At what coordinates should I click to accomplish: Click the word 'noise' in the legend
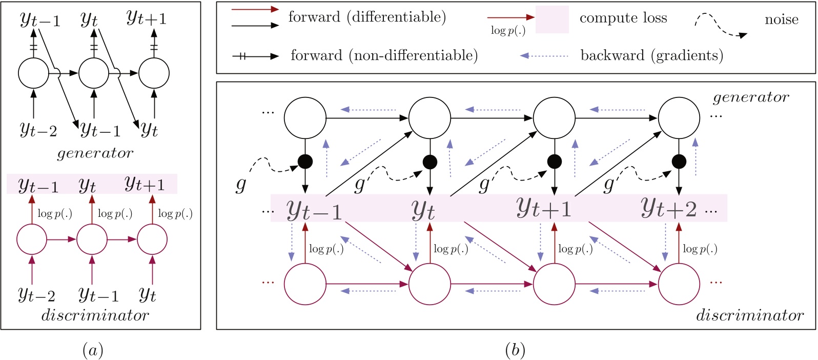(x=781, y=19)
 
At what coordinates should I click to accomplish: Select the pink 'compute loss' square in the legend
(x=552, y=19)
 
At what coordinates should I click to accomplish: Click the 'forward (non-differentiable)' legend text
(x=384, y=55)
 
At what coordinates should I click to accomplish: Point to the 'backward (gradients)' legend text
(x=651, y=55)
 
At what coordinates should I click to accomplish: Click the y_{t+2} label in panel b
(x=669, y=208)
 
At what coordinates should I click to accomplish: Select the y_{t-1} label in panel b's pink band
(x=314, y=209)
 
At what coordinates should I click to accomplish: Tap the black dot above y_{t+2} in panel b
(x=679, y=162)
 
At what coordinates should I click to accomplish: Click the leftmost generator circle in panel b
(x=305, y=118)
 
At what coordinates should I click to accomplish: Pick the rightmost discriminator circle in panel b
(x=679, y=284)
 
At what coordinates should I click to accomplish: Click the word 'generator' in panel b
(x=750, y=97)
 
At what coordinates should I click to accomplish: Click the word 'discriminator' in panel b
(x=749, y=315)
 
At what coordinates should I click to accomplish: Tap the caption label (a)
(x=93, y=350)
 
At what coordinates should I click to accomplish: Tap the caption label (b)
(x=515, y=350)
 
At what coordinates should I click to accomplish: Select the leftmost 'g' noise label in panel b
(x=240, y=184)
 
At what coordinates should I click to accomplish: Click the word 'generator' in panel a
(x=95, y=153)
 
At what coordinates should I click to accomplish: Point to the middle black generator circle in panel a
(x=94, y=73)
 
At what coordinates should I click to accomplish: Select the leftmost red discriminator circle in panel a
(x=32, y=239)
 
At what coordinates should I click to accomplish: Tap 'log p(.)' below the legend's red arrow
(x=508, y=31)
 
